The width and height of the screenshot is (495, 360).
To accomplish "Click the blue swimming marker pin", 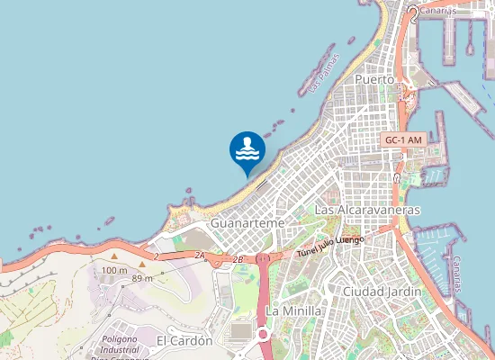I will [247, 150].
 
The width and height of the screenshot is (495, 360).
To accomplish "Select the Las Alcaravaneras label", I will [367, 210].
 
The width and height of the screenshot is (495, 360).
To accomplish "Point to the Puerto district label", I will [374, 80].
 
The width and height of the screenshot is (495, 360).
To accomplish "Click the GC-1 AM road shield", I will [403, 140].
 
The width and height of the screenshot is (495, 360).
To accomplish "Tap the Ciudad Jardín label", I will [382, 292].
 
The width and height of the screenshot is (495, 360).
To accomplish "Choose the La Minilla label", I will [294, 310].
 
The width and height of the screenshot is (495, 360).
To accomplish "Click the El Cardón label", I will [184, 341].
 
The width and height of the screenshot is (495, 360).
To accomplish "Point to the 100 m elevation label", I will [114, 270].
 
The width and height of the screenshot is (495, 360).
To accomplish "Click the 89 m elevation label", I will [141, 278].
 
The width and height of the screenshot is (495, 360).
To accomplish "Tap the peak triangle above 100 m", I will [114, 257].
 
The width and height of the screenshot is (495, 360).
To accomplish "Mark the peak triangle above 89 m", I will [141, 265].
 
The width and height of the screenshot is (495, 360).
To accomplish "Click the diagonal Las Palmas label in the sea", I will [322, 77].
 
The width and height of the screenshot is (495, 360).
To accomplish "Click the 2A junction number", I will [200, 256].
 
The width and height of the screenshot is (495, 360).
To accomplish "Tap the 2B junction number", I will [238, 259].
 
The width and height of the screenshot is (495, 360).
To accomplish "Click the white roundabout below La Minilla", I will [263, 334].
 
